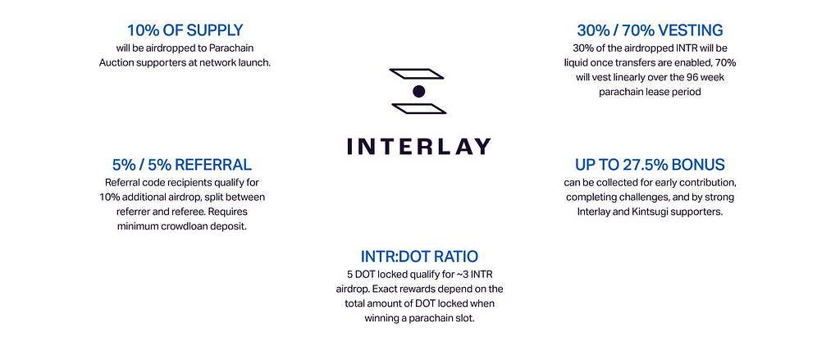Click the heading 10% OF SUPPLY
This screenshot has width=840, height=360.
[x=185, y=30]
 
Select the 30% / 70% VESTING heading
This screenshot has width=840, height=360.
[x=650, y=30]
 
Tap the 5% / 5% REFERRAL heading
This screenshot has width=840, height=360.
[x=181, y=164]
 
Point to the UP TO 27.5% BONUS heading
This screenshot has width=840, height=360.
[x=650, y=164]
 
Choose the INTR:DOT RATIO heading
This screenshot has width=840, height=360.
[x=419, y=256]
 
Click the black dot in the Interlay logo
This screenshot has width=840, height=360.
[x=419, y=92]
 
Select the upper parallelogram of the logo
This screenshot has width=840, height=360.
[x=416, y=74]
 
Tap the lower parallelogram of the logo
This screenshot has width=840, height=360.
[x=419, y=109]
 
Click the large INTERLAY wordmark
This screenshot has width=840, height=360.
[x=419, y=146]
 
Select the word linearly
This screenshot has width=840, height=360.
[x=632, y=77]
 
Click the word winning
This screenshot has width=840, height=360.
[x=382, y=318]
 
